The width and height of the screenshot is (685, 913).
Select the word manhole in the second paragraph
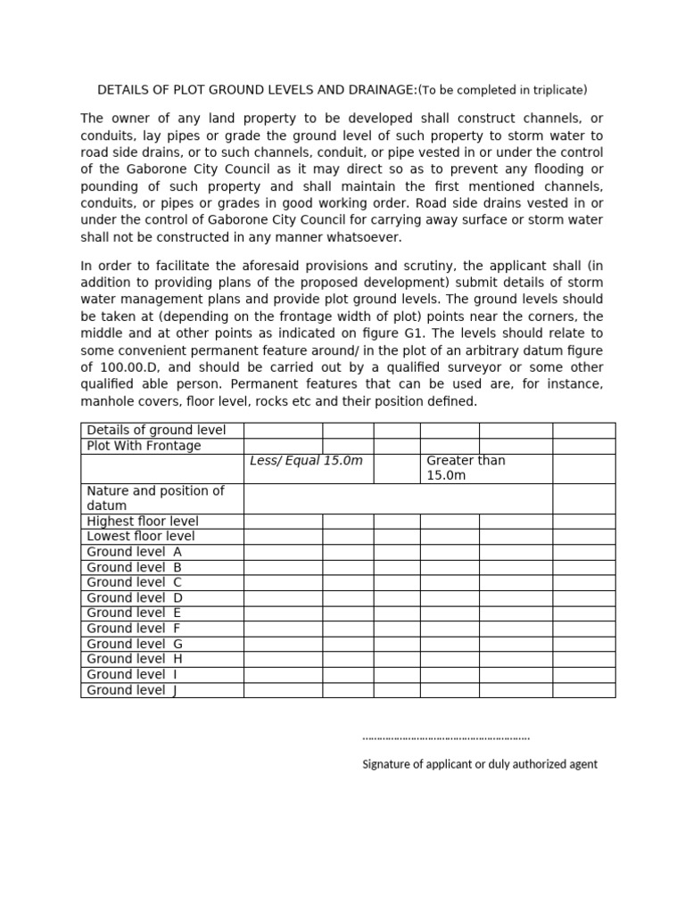(103, 401)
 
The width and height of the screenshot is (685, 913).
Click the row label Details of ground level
(156, 431)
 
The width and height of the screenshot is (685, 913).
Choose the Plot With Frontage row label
(144, 446)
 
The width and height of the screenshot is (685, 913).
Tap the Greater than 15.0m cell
(466, 468)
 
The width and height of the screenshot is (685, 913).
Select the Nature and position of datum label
(155, 498)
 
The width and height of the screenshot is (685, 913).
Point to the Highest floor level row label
(143, 522)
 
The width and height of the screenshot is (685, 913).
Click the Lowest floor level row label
(141, 537)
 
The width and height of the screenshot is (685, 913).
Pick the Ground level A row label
(135, 552)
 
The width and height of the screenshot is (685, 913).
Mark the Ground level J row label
(132, 690)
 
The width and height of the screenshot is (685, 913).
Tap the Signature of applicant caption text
(480, 764)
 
